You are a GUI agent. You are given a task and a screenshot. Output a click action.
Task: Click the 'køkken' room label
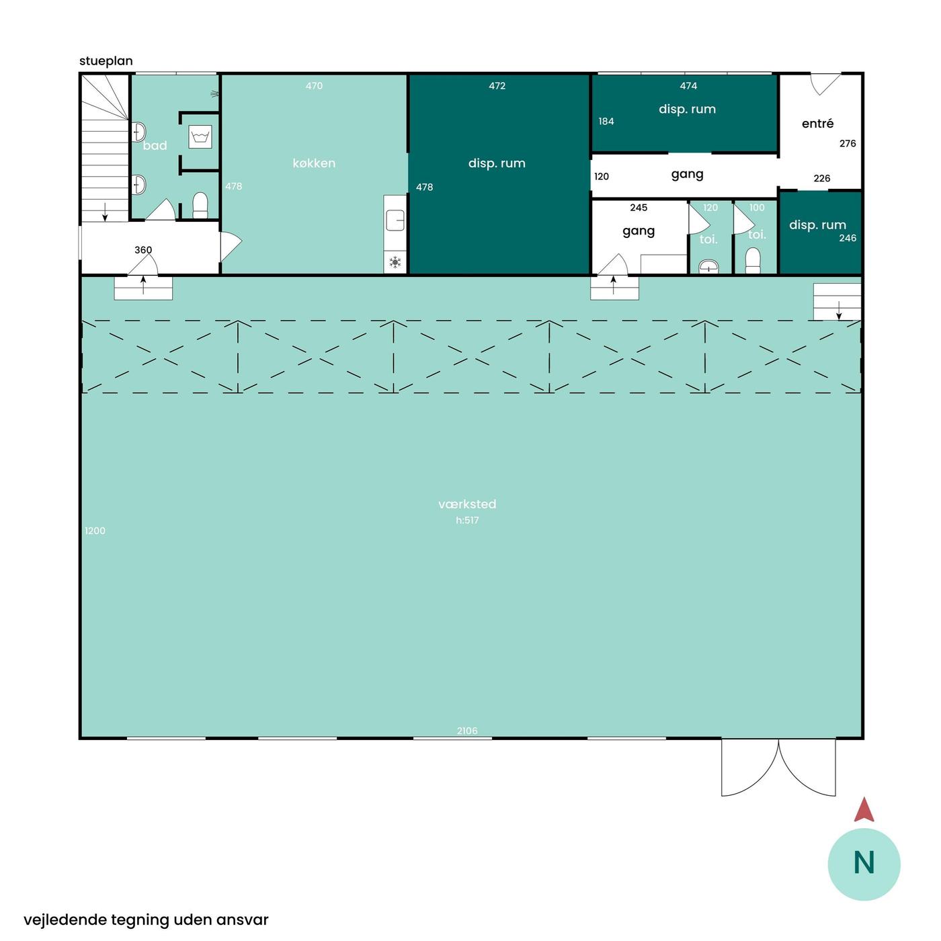click(313, 163)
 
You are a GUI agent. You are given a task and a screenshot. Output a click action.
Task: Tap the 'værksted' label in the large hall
click(467, 504)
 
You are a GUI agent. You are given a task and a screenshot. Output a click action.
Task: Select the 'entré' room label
click(817, 124)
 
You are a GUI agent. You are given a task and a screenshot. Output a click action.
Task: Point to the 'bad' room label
click(155, 146)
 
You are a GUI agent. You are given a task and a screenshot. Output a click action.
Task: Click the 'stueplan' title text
click(106, 61)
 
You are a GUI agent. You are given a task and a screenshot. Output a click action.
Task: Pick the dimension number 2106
click(467, 731)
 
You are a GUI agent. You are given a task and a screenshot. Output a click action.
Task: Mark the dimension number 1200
click(95, 531)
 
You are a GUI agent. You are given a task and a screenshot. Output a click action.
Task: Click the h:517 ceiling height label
click(467, 520)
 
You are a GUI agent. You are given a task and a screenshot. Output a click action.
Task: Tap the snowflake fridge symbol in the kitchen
click(395, 262)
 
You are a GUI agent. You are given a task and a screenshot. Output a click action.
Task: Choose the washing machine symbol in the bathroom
click(200, 136)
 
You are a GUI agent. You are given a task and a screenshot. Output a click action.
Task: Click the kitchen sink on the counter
click(395, 220)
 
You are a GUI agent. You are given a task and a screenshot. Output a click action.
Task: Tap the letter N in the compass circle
click(864, 863)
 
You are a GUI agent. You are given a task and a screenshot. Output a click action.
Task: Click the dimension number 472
click(497, 86)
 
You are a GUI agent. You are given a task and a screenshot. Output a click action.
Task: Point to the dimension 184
click(606, 122)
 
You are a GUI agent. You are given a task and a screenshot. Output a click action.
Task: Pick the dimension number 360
click(143, 250)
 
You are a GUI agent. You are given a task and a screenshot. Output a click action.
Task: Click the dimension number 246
click(848, 238)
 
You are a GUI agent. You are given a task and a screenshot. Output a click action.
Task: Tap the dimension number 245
click(639, 208)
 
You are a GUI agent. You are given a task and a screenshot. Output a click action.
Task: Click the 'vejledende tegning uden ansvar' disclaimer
click(146, 920)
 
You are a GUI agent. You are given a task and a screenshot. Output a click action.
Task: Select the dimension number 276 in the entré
click(848, 144)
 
